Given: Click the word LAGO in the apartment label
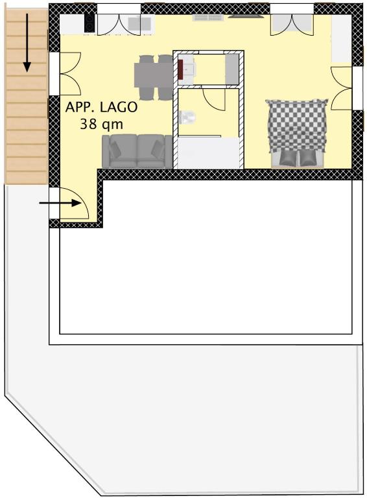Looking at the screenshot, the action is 119,107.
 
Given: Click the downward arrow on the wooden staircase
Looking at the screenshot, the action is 27,43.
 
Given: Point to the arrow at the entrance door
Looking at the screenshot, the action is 60,202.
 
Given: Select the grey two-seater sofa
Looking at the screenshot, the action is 137,152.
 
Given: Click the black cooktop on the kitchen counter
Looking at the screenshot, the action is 89,23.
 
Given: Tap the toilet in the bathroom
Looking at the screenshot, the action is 187,117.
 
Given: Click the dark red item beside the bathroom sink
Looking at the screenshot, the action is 180,70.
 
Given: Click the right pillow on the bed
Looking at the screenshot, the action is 307,158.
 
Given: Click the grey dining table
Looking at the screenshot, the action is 154,75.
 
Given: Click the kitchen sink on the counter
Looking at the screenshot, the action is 139,23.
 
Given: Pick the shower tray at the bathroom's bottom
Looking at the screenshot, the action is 208,153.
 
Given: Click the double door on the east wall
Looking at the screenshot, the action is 342,88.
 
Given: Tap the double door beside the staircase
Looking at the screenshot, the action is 70,74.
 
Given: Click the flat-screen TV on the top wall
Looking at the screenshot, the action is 245,16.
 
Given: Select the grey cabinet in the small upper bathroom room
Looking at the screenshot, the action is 231,69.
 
